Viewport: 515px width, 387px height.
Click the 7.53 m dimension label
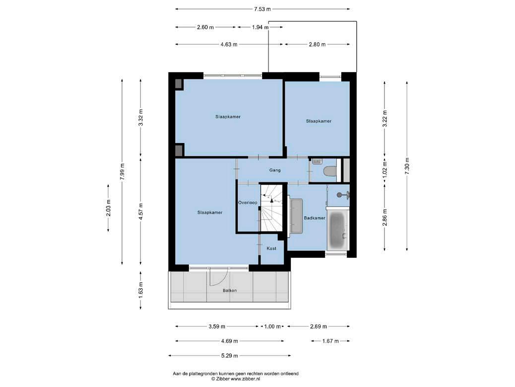(262, 9)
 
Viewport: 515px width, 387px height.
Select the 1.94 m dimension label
(260, 27)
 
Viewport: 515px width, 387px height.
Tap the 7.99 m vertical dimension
(122, 171)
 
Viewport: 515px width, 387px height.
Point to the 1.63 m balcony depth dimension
(140, 290)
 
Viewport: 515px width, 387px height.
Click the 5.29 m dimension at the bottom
(230, 355)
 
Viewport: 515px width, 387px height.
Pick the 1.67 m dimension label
(330, 341)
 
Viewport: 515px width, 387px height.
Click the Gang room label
(275, 170)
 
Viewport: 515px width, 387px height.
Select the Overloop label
(248, 203)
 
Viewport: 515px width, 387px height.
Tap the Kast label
(271, 248)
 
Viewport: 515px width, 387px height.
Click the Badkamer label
(315, 218)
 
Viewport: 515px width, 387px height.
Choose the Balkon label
(230, 290)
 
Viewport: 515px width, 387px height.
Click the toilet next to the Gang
(329, 171)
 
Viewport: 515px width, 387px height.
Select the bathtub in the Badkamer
(337, 229)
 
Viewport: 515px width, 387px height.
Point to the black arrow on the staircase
(271, 200)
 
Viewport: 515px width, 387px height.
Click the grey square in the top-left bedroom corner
(178, 83)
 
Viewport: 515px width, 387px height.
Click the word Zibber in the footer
(223, 379)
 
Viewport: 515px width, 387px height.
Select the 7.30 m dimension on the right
(407, 166)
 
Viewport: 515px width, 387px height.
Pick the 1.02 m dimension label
(385, 169)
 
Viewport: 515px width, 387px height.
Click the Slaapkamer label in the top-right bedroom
(319, 121)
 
